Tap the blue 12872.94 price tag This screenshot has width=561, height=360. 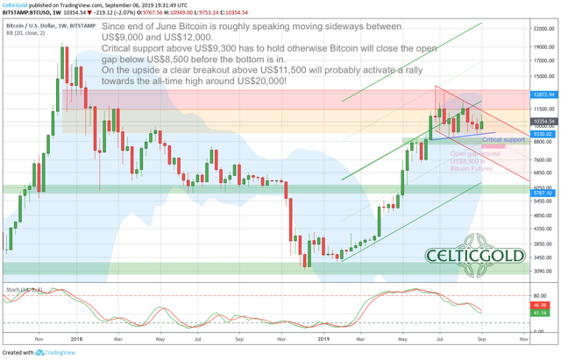tap(543, 95)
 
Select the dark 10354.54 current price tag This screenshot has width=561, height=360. tap(543, 121)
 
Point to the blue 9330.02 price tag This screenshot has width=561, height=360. tap(543, 134)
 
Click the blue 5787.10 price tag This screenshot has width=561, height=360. tap(543, 194)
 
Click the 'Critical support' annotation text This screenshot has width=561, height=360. tap(503, 139)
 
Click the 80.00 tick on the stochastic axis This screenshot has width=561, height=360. tap(541, 296)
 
